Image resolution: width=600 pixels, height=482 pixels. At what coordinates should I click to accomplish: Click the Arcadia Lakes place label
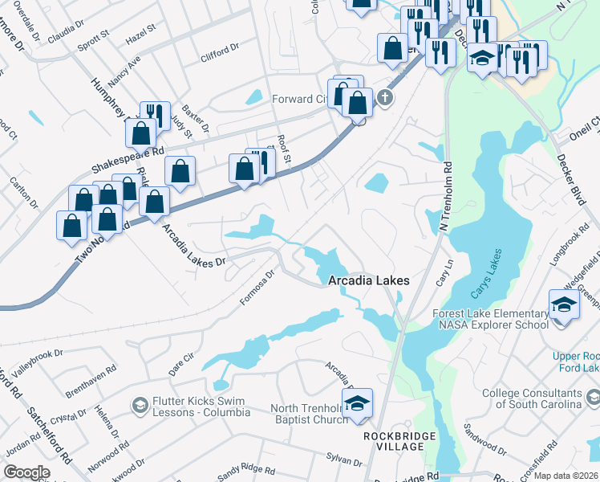click(x=369, y=280)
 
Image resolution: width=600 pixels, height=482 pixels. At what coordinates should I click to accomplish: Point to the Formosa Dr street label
click(x=258, y=288)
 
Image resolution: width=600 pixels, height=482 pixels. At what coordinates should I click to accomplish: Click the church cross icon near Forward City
click(x=386, y=99)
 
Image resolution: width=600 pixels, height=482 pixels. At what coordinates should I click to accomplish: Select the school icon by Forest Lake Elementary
click(x=564, y=305)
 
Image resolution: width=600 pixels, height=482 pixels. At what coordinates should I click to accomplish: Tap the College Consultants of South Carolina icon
click(x=592, y=396)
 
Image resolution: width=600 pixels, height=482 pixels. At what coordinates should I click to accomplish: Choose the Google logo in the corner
click(x=26, y=472)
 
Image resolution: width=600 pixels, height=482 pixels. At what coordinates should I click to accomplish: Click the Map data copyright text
click(x=566, y=476)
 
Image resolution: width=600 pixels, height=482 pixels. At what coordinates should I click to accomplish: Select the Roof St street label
click(x=282, y=146)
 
